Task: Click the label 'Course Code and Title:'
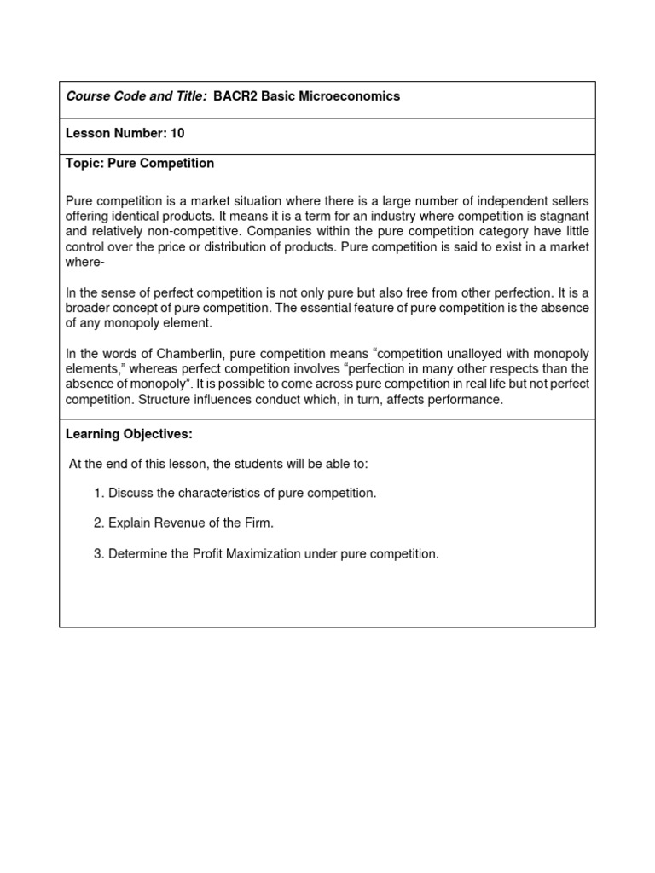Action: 136,96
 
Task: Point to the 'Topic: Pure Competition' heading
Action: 140,163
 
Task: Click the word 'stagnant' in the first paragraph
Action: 564,217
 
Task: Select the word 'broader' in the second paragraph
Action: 88,308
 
